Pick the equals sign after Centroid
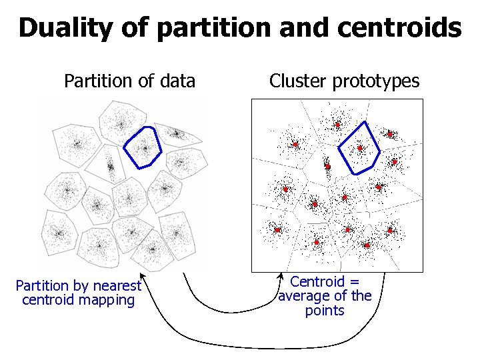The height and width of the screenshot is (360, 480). click(355, 282)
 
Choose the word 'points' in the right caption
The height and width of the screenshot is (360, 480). click(325, 311)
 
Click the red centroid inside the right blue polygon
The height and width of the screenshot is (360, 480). click(360, 148)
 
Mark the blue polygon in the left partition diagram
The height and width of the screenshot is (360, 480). click(143, 147)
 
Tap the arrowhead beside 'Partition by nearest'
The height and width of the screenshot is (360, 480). click(141, 274)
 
